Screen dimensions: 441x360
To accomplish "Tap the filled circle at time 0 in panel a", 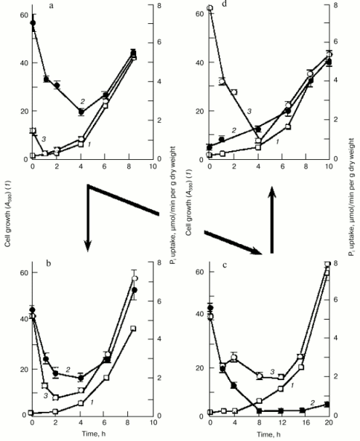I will click(x=33, y=23).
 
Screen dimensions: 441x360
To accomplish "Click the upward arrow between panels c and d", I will click(x=272, y=222).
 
